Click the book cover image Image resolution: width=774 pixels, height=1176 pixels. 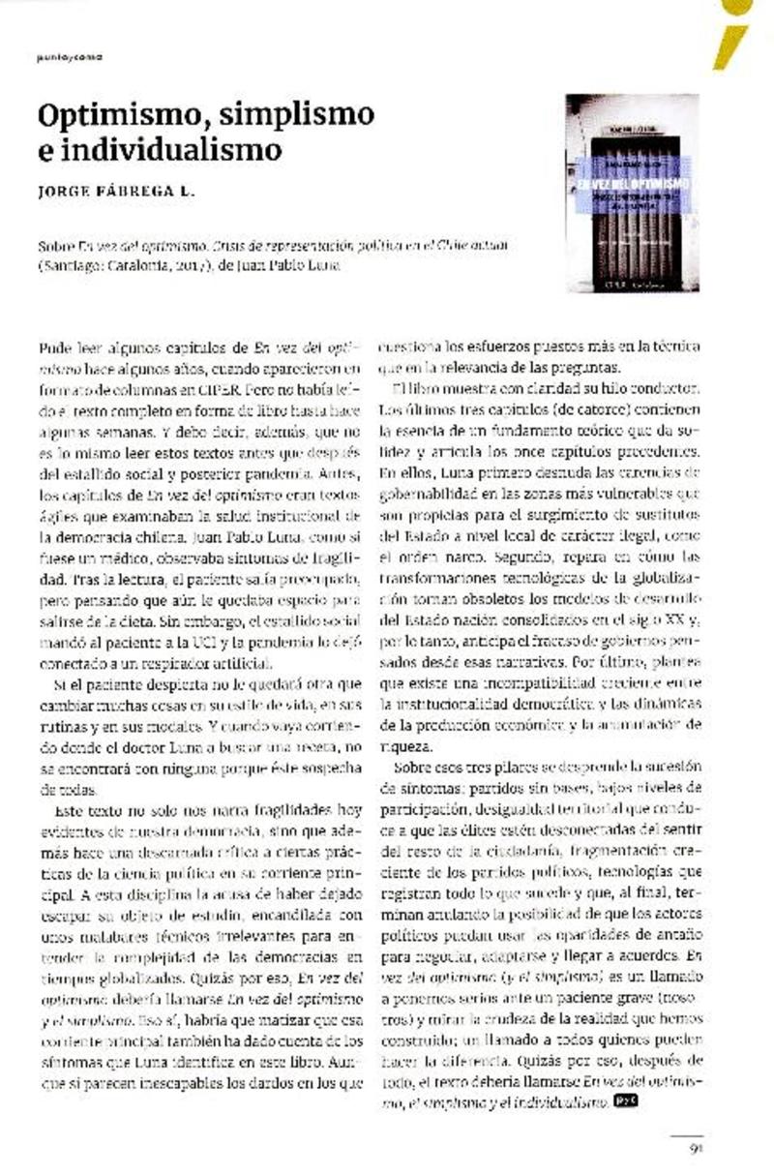click(632, 192)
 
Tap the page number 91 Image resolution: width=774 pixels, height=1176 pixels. click(695, 1149)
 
